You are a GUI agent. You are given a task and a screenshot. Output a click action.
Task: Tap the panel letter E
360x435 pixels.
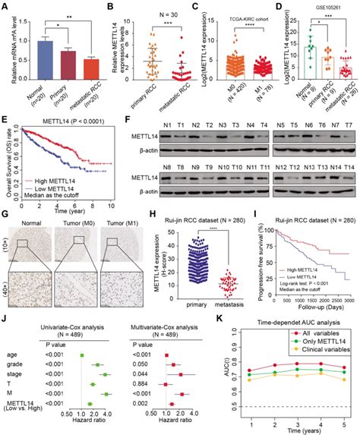pyautogui.click(x=7, y=118)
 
